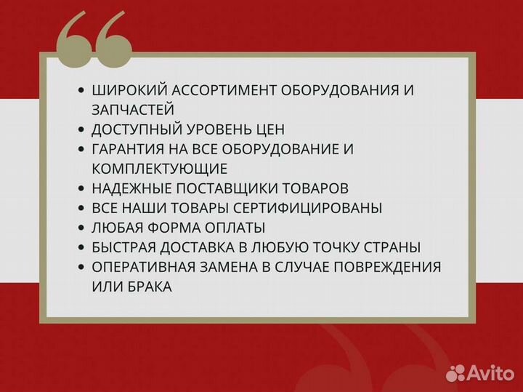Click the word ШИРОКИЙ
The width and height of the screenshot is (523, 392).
(127, 91)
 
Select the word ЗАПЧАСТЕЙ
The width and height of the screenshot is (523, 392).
(133, 111)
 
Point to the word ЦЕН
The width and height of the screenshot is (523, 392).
(268, 130)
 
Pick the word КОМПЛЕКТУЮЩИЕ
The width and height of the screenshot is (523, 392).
(160, 169)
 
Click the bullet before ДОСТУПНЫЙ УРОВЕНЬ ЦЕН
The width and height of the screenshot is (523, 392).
(81, 130)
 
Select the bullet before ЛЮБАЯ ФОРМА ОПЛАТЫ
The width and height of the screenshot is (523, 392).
(81, 228)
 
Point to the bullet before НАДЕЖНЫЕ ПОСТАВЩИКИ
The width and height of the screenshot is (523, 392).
(81, 189)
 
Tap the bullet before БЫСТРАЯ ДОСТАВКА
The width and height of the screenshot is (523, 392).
(81, 248)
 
